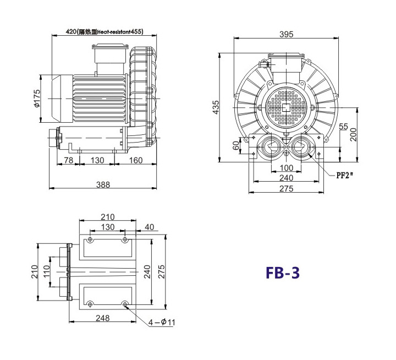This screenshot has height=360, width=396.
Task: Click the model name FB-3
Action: point(283,273)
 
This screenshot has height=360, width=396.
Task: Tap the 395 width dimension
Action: point(287,34)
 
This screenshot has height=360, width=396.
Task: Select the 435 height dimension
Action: point(216,107)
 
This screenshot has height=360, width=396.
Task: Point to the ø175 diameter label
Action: point(37,98)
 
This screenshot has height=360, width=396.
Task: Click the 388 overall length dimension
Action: point(103,185)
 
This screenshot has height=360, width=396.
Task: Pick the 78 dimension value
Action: point(68,160)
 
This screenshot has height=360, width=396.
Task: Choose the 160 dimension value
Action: point(136,160)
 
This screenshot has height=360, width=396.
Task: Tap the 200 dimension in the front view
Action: point(354,134)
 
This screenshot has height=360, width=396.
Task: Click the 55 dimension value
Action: point(343,127)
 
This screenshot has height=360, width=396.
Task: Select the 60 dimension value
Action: point(236,145)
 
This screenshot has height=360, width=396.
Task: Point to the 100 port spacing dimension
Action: point(287,167)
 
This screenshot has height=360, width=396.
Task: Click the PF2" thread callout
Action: point(344,176)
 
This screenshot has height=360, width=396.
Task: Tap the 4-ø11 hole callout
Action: point(161,323)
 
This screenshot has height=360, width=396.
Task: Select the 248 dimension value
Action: point(102,318)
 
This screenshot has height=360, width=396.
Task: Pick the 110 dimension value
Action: point(46,271)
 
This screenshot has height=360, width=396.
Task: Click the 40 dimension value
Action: point(149,227)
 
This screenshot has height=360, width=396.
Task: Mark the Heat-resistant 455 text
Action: point(120,31)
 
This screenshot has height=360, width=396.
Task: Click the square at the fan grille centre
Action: point(286,107)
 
